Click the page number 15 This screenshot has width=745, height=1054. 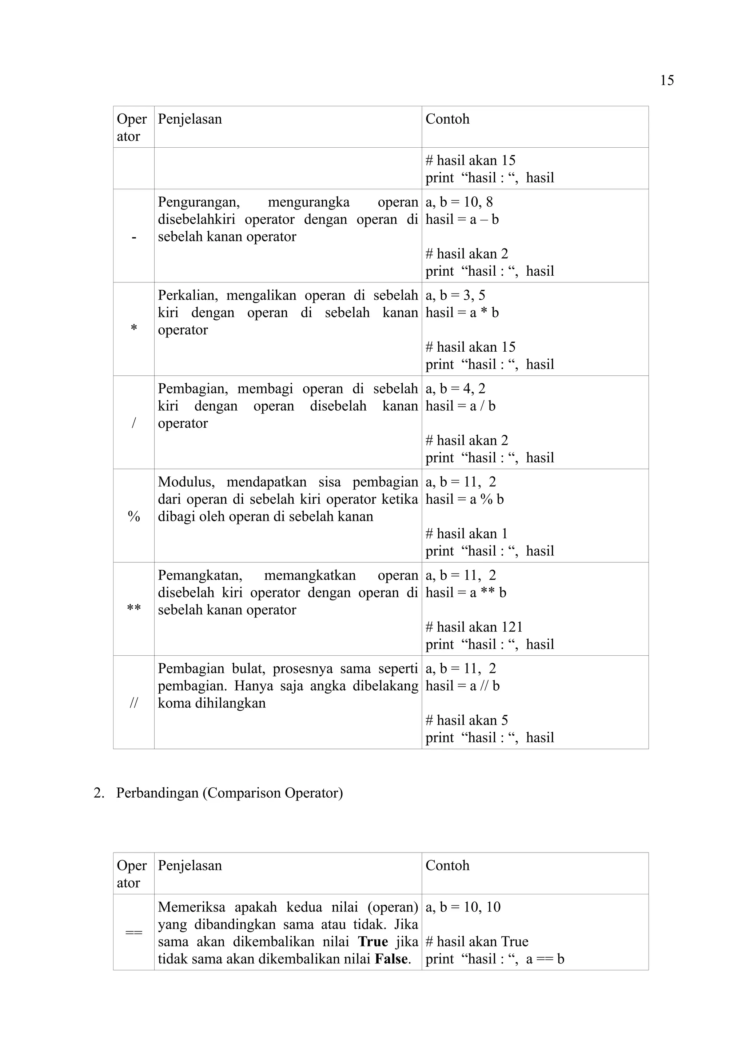tap(666, 80)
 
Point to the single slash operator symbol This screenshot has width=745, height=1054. tap(134, 423)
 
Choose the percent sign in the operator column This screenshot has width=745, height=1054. tap(134, 517)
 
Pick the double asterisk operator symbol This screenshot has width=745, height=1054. tap(134, 609)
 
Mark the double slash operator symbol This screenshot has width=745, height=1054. tap(134, 703)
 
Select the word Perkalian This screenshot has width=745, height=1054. tap(188, 295)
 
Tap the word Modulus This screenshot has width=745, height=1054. tap(186, 482)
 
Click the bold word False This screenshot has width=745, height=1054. tap(391, 959)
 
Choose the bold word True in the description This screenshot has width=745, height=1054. tap(373, 942)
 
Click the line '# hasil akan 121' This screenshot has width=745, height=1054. tap(474, 627)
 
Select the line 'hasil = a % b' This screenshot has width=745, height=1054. tap(464, 499)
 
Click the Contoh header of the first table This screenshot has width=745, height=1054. tap(447, 119)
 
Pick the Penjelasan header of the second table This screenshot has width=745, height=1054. tap(190, 865)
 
